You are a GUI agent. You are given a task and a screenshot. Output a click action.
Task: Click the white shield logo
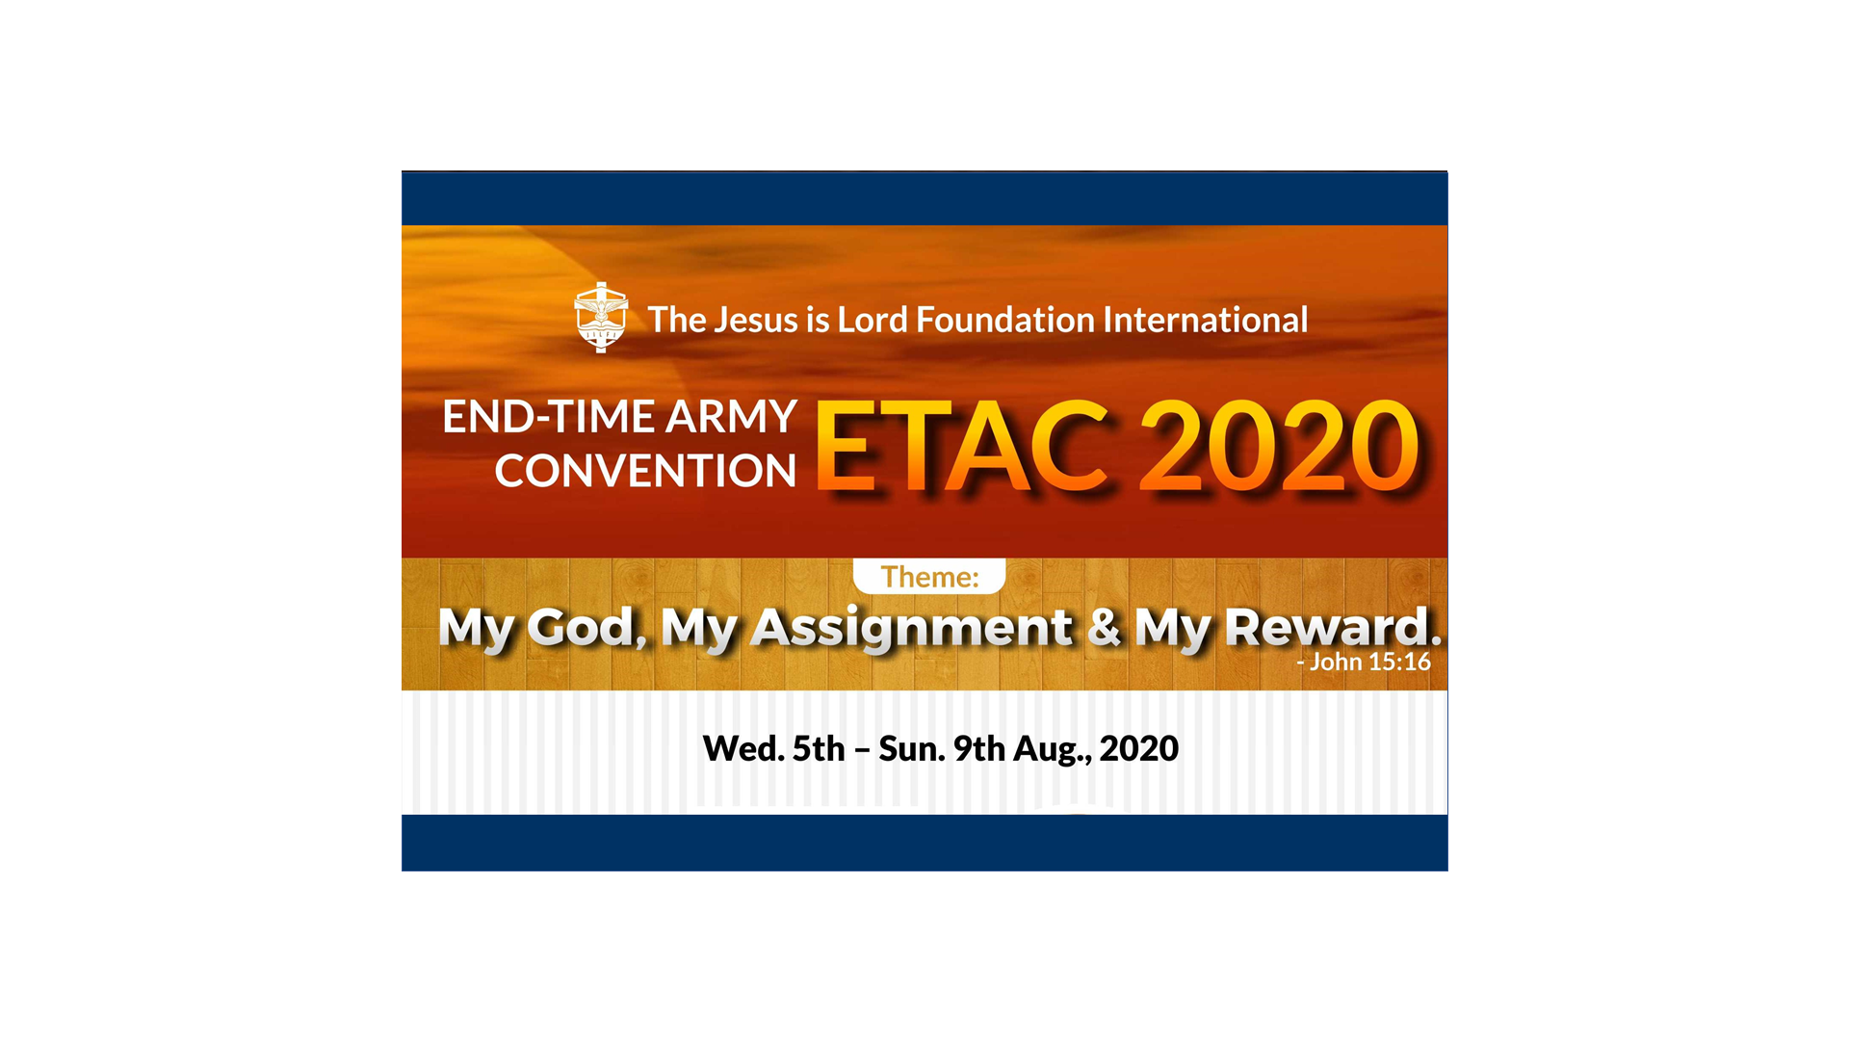pos(601,317)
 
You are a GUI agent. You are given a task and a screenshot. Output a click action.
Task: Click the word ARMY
pos(731,417)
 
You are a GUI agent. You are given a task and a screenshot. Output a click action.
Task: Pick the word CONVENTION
pos(645,471)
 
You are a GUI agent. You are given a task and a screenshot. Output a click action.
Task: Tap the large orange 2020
pos(1280,447)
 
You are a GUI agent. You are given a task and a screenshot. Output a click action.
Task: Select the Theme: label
pos(929,577)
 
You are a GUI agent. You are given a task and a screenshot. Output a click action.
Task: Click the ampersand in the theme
pos(1104,627)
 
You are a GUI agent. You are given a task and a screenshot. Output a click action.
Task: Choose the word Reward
pos(1333,627)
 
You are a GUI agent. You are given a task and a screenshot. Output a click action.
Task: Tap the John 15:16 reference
pos(1364,662)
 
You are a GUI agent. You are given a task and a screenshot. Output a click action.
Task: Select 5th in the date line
pos(819,748)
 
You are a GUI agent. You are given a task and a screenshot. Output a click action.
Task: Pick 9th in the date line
pos(979,748)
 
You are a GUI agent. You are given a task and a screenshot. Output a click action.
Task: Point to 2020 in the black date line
pos(1139,748)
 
